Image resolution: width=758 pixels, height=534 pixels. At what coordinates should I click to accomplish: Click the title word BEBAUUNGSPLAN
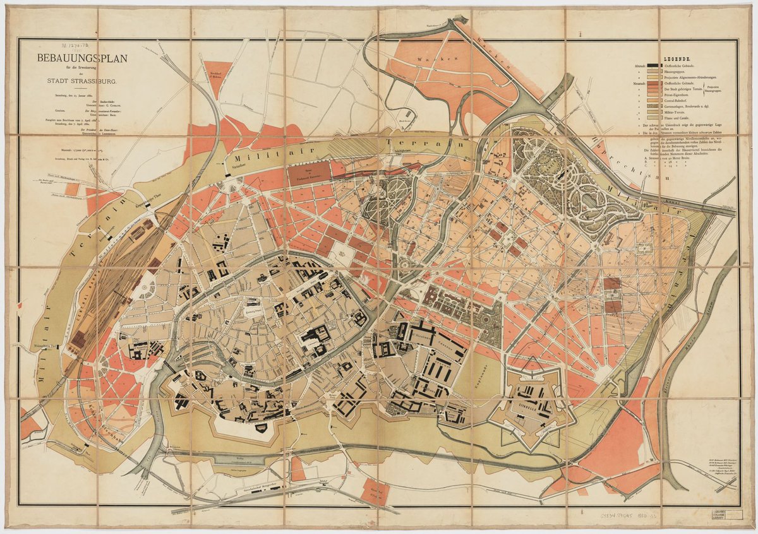tap(82, 59)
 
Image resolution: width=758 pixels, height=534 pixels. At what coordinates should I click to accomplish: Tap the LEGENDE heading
tap(671, 58)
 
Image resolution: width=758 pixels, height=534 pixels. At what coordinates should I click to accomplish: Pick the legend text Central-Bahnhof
tap(680, 101)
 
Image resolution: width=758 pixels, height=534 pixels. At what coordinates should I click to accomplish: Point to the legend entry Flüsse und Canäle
tap(679, 117)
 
